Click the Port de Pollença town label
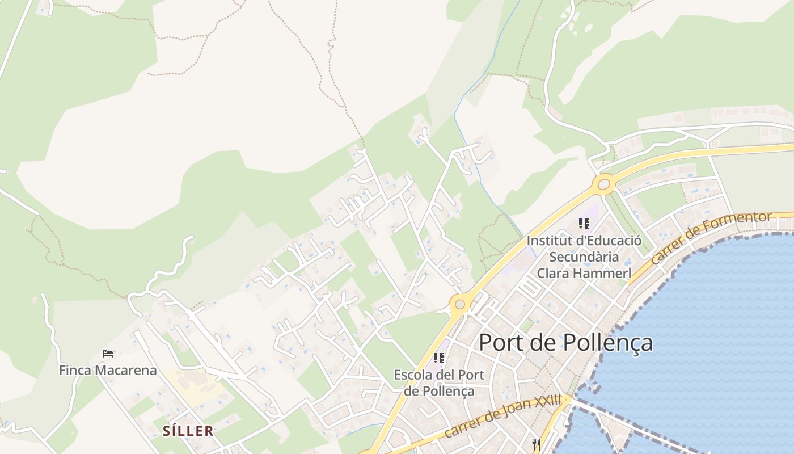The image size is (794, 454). point(565,343)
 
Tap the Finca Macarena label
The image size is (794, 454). point(108,371)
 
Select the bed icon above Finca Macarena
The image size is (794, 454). point(108,354)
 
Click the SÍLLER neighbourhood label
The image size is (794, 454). point(188,431)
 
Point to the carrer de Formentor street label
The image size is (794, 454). point(711,238)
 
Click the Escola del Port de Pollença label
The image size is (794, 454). point(439,383)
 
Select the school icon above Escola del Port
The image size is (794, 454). point(438,358)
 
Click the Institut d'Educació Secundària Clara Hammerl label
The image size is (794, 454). point(584,257)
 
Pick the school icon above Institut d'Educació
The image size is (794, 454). point(584,224)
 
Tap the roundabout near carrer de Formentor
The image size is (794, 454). point(603,184)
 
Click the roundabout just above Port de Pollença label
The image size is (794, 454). point(459,304)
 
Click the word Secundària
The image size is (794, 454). point(584,257)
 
